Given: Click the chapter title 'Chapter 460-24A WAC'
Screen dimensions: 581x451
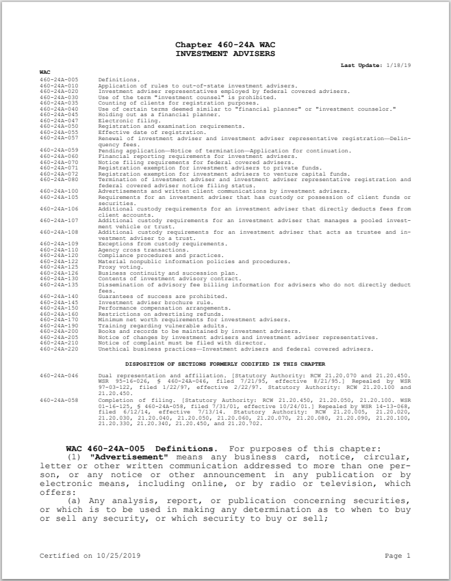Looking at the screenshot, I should point(225,44).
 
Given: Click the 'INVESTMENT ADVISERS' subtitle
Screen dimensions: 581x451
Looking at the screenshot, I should point(225,52).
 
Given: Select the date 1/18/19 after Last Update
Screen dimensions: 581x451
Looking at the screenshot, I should point(398,65).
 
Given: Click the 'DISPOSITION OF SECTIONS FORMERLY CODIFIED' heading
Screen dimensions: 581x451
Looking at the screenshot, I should point(225,364).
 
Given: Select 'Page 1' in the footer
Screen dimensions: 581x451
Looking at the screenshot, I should point(398,556).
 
